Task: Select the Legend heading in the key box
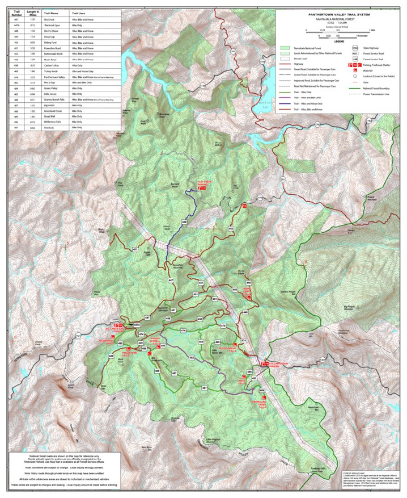coord(339,42)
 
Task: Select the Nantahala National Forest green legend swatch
coord(286,49)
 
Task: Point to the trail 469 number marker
coord(184,221)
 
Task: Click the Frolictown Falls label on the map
coord(130,353)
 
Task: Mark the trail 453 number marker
coord(200,320)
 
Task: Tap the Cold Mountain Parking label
coord(279,363)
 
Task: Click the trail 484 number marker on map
coord(201,342)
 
